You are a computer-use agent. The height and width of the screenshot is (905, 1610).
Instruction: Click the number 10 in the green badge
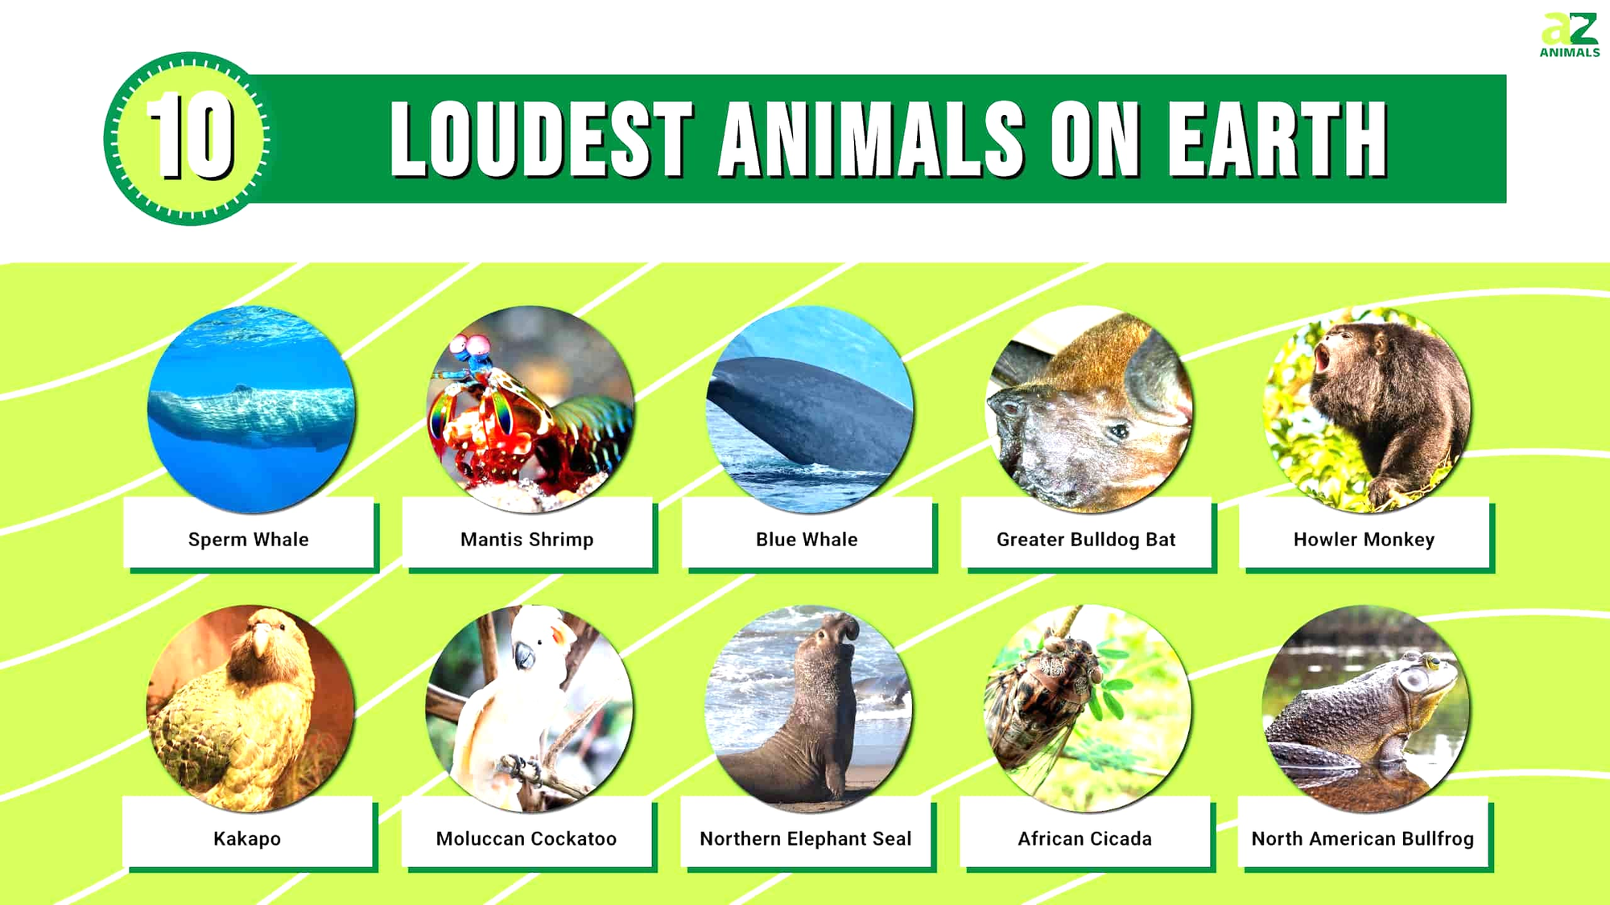pos(191,136)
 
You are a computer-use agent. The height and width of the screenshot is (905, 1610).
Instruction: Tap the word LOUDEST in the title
pos(540,139)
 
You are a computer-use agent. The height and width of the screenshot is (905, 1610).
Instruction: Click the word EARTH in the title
pos(1278,139)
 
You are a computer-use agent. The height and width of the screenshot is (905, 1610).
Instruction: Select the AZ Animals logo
pos(1569,35)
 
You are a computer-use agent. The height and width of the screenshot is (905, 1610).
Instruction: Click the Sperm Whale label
pos(249,539)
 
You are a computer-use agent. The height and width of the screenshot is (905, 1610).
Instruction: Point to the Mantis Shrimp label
pos(527,539)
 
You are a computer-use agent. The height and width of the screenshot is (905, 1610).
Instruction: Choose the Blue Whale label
pos(807,539)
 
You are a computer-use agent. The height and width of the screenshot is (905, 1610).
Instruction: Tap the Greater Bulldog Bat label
pos(1086,539)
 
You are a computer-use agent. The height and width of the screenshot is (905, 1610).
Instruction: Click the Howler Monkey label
pos(1364,539)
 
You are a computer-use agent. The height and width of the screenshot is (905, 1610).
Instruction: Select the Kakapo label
pos(247,838)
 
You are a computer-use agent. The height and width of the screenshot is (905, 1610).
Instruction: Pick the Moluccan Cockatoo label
pos(526,838)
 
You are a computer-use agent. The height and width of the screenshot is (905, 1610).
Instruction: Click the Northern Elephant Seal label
pos(806,838)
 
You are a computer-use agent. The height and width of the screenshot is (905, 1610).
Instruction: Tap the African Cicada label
pos(1084,838)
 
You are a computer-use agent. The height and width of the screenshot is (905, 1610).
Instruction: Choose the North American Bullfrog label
pos(1362,838)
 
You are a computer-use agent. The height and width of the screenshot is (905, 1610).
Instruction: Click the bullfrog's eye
pos(1414,680)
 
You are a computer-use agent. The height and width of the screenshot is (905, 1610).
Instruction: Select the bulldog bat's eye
pos(1118,432)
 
